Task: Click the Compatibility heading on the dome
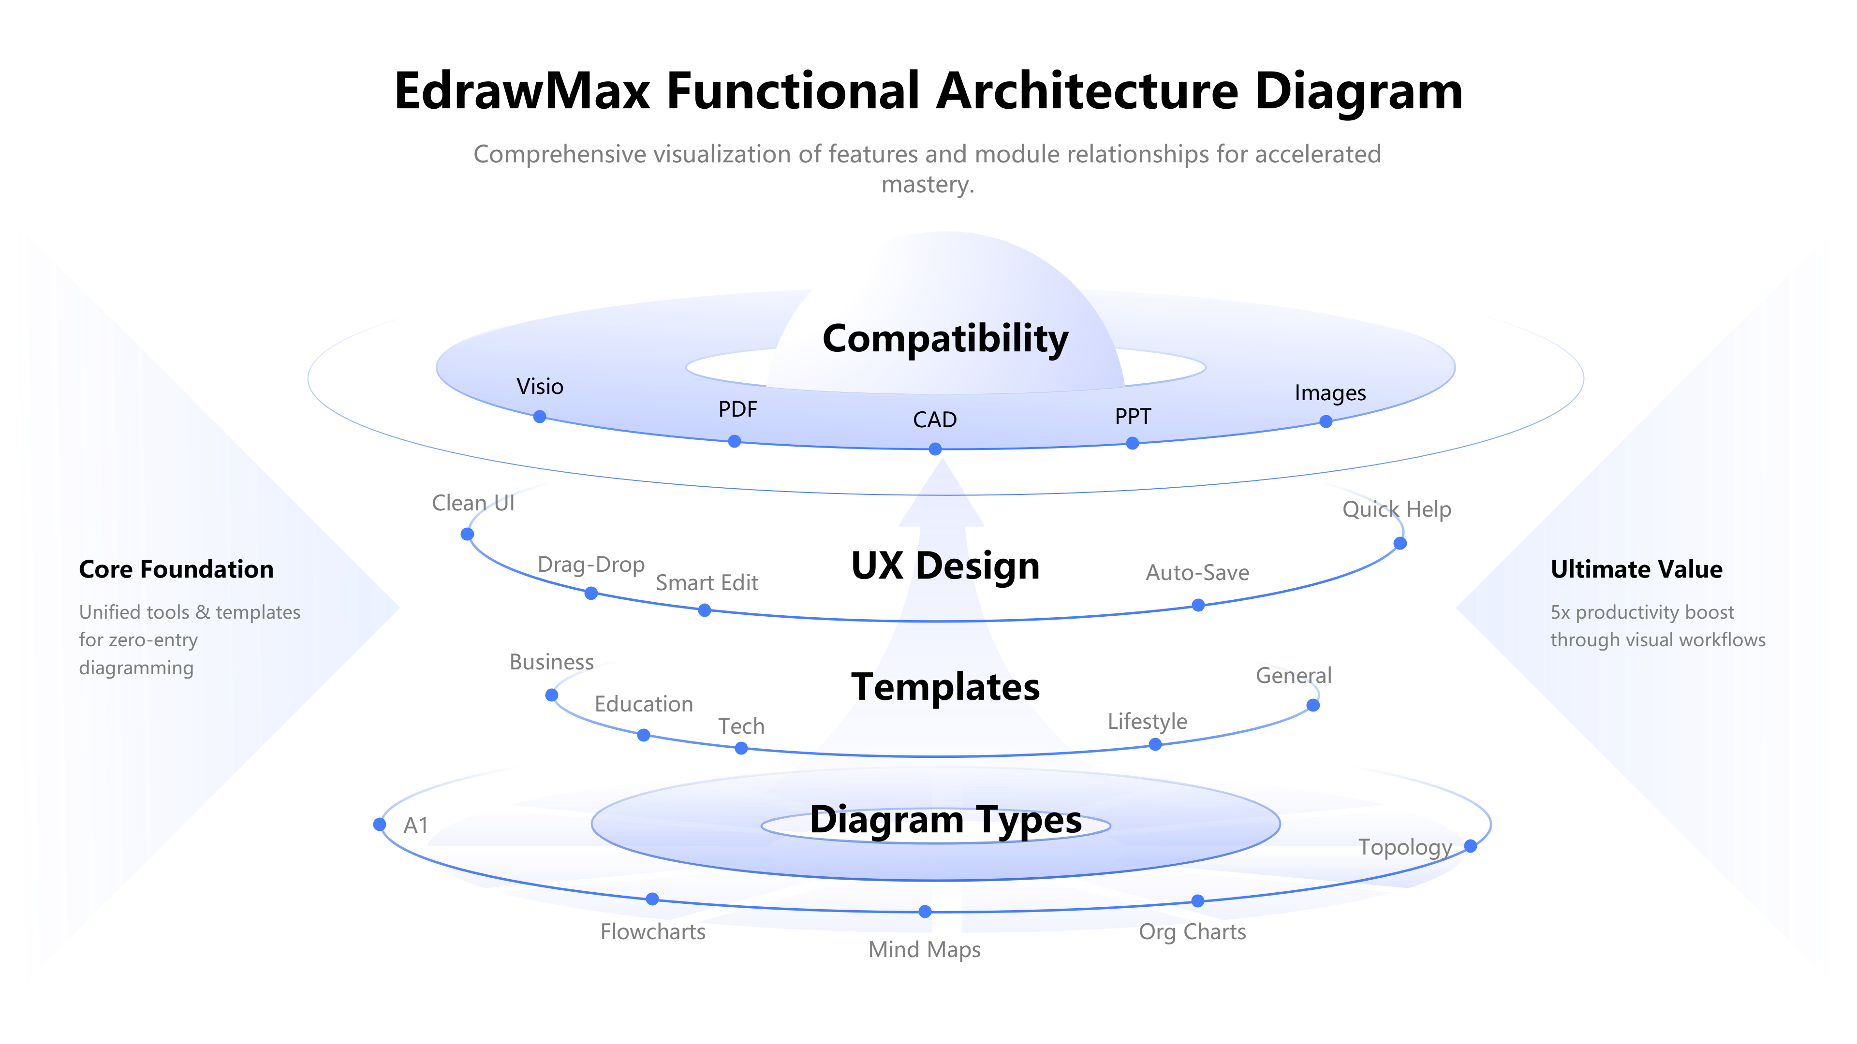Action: [945, 339]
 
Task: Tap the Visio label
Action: [540, 387]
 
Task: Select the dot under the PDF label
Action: [734, 441]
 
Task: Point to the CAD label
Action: [934, 420]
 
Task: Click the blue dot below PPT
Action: [1133, 443]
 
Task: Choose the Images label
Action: [1330, 392]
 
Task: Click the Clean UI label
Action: [473, 503]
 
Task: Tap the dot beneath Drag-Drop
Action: [591, 594]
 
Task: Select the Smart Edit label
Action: [707, 583]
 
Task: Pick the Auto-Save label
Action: [1197, 573]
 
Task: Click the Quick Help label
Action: [1396, 509]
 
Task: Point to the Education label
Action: [644, 704]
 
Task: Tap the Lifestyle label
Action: [1147, 721]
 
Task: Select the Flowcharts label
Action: [653, 931]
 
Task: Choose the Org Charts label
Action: [1193, 931]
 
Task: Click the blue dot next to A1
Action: [380, 824]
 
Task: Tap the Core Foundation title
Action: [176, 569]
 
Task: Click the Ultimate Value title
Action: [1636, 569]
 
